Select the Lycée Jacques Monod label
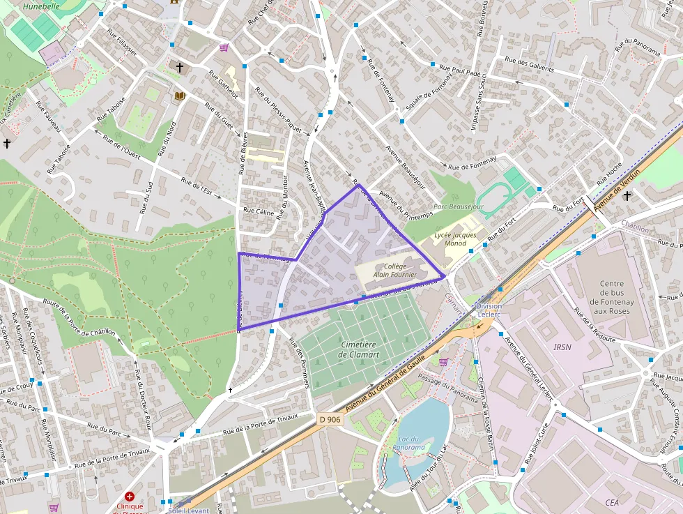[455, 239]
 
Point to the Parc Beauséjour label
[458, 207]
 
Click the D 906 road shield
[330, 419]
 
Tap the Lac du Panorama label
[408, 443]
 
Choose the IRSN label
[562, 347]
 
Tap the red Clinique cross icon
[130, 495]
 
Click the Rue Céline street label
[258, 211]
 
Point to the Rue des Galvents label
[529, 64]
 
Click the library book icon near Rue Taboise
[180, 96]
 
